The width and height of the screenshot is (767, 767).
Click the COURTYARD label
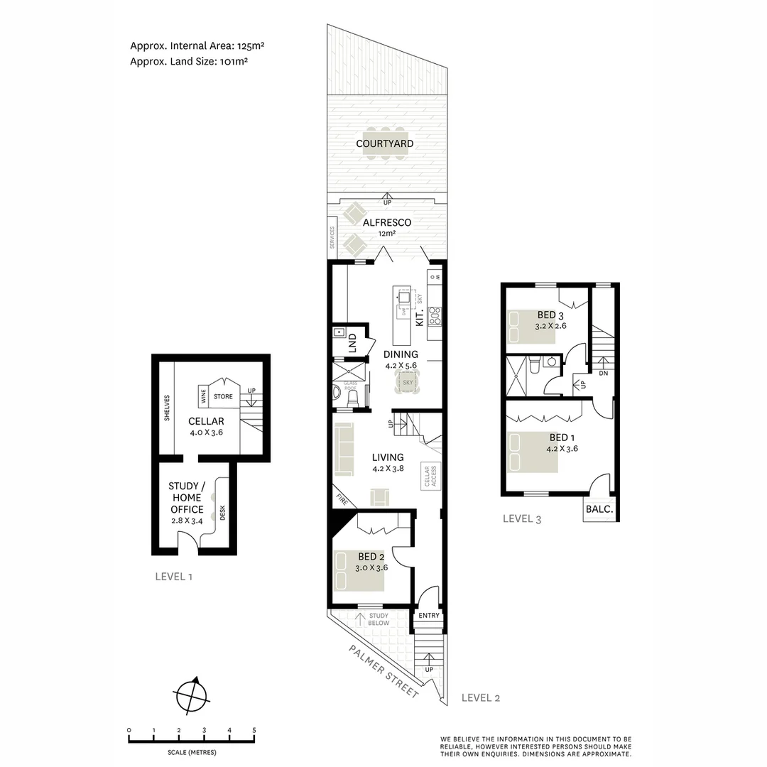(x=385, y=144)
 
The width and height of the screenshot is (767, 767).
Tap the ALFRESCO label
(x=387, y=222)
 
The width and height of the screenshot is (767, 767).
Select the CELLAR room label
(x=207, y=421)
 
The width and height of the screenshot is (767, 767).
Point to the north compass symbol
(x=192, y=694)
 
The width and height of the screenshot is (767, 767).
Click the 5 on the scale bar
(x=254, y=730)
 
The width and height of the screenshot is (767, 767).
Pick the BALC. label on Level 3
(x=600, y=509)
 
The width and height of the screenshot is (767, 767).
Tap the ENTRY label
(x=429, y=616)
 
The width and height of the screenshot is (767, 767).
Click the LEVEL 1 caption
(x=174, y=577)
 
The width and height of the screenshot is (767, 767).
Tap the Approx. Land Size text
(x=189, y=62)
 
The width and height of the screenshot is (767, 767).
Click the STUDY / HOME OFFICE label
(x=186, y=498)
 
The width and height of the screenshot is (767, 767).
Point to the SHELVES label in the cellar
(x=167, y=408)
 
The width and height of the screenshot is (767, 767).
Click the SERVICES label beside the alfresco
(x=332, y=238)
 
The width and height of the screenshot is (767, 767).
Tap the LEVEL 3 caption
(x=522, y=519)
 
